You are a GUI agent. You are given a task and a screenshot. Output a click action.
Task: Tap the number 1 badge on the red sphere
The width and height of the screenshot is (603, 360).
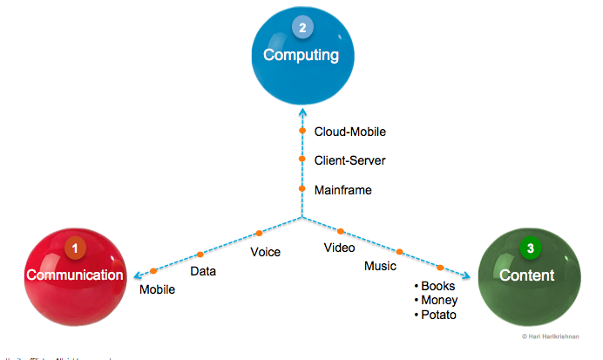click(76, 248)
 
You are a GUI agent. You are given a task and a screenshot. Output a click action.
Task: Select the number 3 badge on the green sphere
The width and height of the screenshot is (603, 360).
click(530, 249)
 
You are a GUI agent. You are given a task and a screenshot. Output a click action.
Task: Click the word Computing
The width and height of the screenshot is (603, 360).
click(301, 55)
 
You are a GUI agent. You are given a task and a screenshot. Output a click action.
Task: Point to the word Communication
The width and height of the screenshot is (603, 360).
click(75, 275)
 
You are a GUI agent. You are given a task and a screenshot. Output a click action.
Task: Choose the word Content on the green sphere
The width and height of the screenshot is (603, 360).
click(527, 275)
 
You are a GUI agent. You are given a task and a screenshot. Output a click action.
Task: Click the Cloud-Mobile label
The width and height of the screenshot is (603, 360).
click(349, 132)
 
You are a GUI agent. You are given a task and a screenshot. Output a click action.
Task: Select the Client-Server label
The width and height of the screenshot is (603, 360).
click(349, 160)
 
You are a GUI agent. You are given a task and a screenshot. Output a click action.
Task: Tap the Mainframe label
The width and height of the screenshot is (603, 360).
click(342, 189)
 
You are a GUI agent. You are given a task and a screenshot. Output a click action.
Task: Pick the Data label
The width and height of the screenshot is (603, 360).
click(203, 271)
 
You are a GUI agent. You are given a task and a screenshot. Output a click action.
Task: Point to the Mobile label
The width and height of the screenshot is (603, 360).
click(158, 289)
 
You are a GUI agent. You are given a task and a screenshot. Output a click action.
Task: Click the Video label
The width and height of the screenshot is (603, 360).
click(339, 248)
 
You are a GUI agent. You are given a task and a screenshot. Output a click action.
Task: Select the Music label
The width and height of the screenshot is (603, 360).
click(380, 266)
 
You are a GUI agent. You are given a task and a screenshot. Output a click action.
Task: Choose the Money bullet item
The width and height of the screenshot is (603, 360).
click(436, 300)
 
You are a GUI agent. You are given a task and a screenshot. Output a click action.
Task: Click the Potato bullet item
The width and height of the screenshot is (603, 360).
click(436, 315)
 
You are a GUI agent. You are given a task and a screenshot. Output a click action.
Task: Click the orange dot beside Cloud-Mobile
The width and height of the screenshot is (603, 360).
click(302, 132)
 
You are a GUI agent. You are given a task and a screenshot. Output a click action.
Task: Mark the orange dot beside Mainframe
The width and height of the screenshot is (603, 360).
click(302, 188)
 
